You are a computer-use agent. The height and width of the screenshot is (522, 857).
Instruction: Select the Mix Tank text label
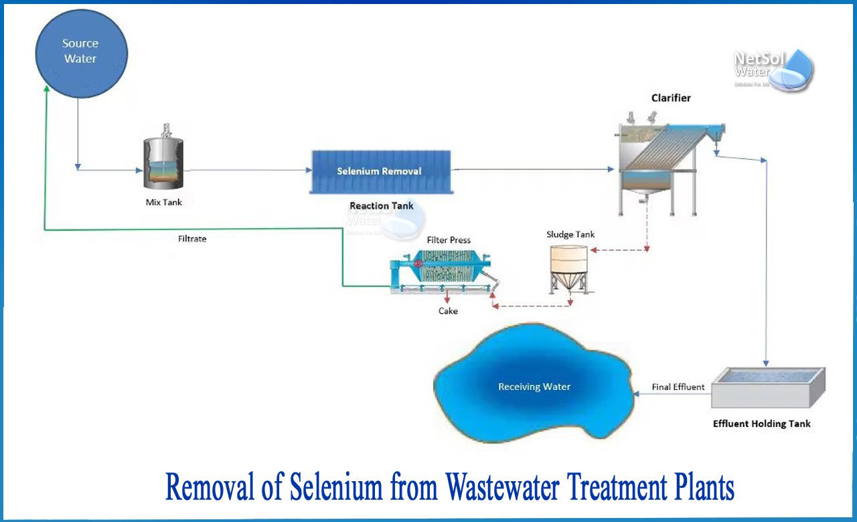coord(164,202)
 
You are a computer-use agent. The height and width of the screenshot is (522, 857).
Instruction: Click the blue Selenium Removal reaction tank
coord(379,171)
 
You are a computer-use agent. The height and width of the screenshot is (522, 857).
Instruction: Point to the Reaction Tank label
coord(382,206)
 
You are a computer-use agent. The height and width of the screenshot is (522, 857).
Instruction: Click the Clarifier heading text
coord(671,98)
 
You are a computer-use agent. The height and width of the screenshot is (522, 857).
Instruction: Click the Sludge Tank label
coord(570,234)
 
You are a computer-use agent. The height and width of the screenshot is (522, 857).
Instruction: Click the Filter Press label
coord(449,240)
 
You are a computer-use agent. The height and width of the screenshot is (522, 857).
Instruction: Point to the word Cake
coord(448,311)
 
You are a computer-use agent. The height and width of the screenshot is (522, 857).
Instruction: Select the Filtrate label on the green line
coord(192,239)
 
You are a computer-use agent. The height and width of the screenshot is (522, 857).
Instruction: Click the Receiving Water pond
coord(534,386)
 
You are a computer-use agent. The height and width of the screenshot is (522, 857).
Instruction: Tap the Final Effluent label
coord(678,387)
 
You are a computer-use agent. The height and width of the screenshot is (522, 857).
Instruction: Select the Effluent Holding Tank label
coord(762,424)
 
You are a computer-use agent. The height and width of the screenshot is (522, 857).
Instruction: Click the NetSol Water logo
coord(773,68)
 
